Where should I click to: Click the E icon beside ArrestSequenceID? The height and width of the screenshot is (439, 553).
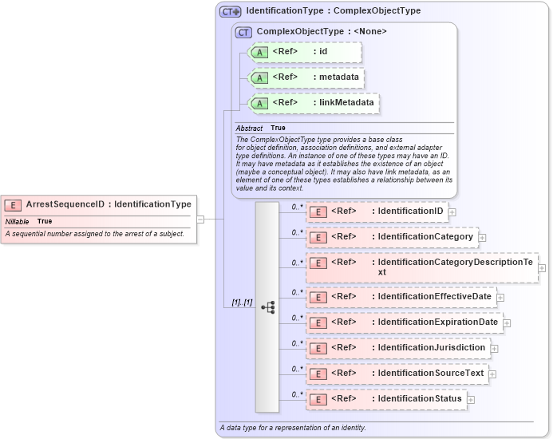[14, 205]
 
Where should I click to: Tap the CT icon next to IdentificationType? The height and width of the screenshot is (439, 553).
[231, 12]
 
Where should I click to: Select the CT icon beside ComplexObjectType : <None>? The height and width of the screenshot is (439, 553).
[243, 32]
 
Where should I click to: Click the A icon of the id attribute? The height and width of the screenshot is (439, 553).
[259, 53]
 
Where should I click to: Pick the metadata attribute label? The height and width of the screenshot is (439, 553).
[338, 77]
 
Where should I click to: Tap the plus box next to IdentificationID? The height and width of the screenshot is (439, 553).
[452, 212]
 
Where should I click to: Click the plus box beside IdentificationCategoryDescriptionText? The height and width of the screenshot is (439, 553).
[542, 267]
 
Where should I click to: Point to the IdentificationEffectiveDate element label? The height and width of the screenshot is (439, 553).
[434, 297]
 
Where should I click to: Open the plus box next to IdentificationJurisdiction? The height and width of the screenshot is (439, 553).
[494, 349]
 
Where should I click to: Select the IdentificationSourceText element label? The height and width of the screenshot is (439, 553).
[430, 373]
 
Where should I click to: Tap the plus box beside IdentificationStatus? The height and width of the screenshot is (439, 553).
[471, 399]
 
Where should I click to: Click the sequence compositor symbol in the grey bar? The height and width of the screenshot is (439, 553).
[267, 307]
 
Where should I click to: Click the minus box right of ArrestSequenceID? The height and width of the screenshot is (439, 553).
[200, 219]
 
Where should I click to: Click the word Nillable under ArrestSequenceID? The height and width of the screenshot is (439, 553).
[18, 221]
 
